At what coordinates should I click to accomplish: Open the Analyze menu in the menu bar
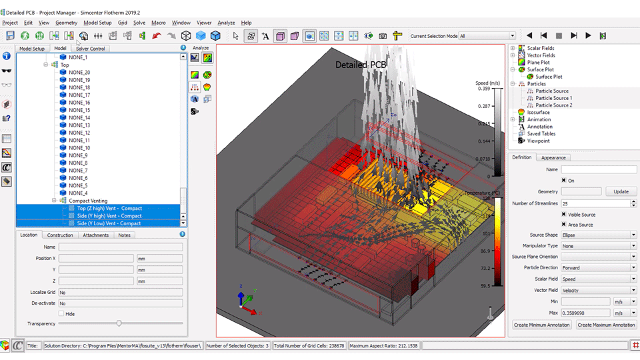(226, 23)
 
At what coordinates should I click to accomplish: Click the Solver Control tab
(90, 49)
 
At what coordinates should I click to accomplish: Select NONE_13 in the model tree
(79, 125)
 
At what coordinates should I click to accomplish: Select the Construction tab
(60, 235)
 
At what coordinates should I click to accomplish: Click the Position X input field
(96, 258)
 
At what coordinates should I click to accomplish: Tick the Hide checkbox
(61, 313)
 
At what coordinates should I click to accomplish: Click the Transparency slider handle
(119, 323)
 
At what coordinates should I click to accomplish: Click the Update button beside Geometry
(621, 191)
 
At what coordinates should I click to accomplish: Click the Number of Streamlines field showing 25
(598, 203)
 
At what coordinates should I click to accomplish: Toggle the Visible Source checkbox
(564, 214)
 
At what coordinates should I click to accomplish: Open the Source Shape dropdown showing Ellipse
(598, 235)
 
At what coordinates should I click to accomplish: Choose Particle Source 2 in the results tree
(553, 105)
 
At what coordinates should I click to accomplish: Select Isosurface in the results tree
(538, 113)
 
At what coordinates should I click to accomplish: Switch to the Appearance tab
(553, 157)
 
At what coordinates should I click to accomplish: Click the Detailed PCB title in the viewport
(360, 65)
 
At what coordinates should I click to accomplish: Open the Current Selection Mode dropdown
(487, 36)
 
